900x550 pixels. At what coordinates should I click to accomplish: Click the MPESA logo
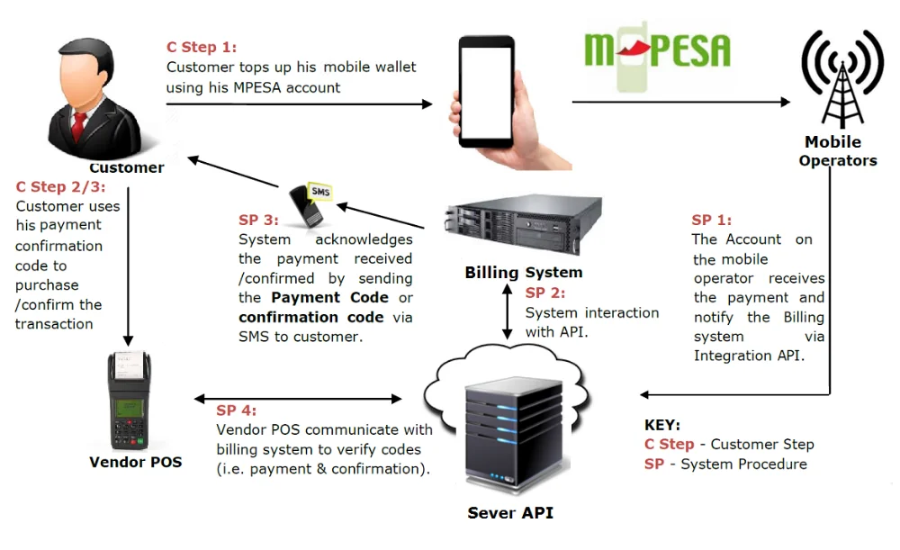point(657,52)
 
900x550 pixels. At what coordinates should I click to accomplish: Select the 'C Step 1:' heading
point(202,48)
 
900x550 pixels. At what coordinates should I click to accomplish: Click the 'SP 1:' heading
point(712,220)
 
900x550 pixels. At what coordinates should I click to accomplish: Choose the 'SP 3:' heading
point(259,220)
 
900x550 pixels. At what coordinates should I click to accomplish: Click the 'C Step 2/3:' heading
point(60,187)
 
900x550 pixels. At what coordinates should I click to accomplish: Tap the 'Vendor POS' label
point(136,462)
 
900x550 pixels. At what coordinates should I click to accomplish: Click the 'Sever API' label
point(510,513)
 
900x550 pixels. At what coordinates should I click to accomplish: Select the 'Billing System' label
point(523,272)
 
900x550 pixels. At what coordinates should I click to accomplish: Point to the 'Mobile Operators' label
point(837,151)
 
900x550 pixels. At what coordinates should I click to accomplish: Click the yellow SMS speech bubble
point(319,192)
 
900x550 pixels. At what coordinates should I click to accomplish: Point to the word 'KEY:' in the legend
point(662,425)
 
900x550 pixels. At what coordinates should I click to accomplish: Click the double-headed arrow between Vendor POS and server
point(298,398)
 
